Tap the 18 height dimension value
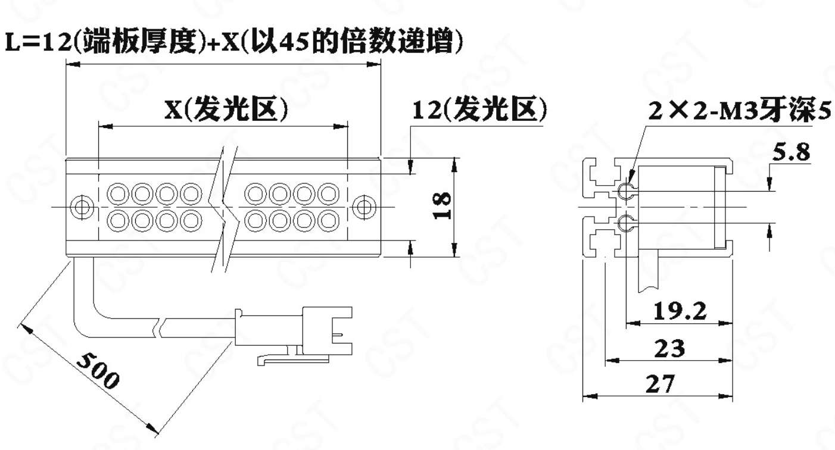click(443, 205)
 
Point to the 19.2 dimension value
click(680, 311)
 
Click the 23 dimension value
click(670, 348)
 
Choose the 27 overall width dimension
click(660, 384)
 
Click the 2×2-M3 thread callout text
click(740, 111)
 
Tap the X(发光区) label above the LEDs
click(227, 109)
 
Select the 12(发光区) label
click(479, 110)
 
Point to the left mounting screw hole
click(82, 207)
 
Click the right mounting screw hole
click(364, 207)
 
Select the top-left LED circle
click(118, 193)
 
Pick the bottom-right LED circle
click(328, 221)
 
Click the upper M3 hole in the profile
click(625, 191)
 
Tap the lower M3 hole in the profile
click(625, 223)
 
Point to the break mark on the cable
click(159, 328)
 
